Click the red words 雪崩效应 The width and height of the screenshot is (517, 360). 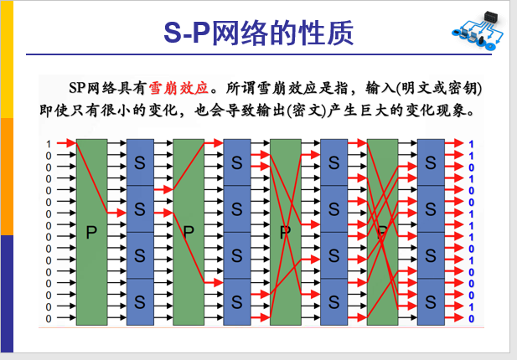[x=178, y=88]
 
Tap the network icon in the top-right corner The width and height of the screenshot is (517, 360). [x=478, y=30]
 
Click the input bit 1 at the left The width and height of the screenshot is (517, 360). [x=49, y=144]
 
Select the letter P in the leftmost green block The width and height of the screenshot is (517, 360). [x=91, y=232]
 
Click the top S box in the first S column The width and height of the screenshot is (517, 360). [x=140, y=162]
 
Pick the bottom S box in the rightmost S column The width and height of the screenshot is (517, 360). [x=431, y=301]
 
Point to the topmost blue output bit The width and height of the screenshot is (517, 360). [x=471, y=144]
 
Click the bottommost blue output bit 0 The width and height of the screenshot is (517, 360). [x=471, y=318]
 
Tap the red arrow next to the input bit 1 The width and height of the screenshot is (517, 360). [x=66, y=143]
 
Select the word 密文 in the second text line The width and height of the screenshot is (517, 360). [x=307, y=111]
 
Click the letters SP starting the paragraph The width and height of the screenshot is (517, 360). [x=77, y=88]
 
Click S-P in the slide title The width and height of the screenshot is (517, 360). [x=187, y=33]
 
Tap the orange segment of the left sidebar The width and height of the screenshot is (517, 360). [x=7, y=177]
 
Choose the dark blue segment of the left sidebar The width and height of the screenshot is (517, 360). [x=7, y=294]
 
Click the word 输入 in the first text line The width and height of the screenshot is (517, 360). [x=380, y=88]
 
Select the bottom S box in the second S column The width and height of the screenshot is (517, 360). [x=237, y=301]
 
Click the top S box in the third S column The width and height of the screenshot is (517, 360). [x=334, y=162]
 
